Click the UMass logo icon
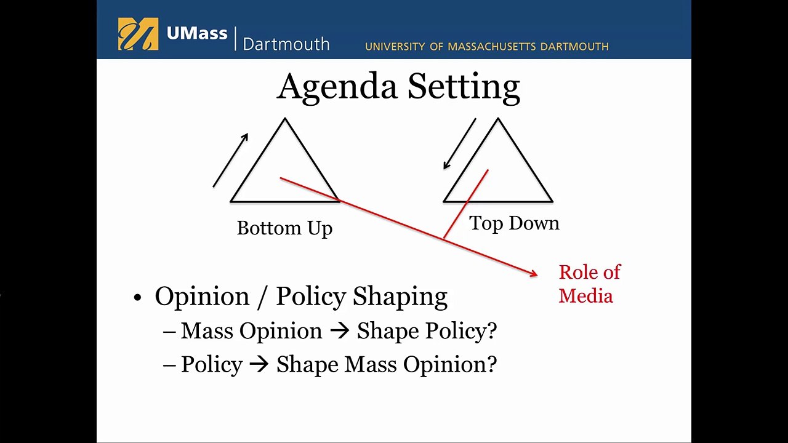pyautogui.click(x=138, y=34)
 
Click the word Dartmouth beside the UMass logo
pyautogui.click(x=286, y=44)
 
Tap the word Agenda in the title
pyautogui.click(x=337, y=87)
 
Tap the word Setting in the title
pyautogui.click(x=463, y=87)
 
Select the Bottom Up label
pyautogui.click(x=284, y=228)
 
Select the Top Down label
pyautogui.click(x=514, y=223)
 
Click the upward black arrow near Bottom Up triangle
pyautogui.click(x=231, y=160)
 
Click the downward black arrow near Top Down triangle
pyautogui.click(x=460, y=143)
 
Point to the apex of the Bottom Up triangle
pyautogui.click(x=285, y=119)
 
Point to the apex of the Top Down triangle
pyautogui.click(x=498, y=119)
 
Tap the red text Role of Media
pyautogui.click(x=589, y=284)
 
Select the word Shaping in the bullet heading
pyautogui.click(x=400, y=297)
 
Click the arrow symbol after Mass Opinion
pyautogui.click(x=339, y=332)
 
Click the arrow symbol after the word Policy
pyautogui.click(x=259, y=365)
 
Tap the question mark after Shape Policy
pyautogui.click(x=491, y=331)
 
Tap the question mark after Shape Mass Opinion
pyautogui.click(x=491, y=364)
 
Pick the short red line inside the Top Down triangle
pyautogui.click(x=467, y=203)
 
